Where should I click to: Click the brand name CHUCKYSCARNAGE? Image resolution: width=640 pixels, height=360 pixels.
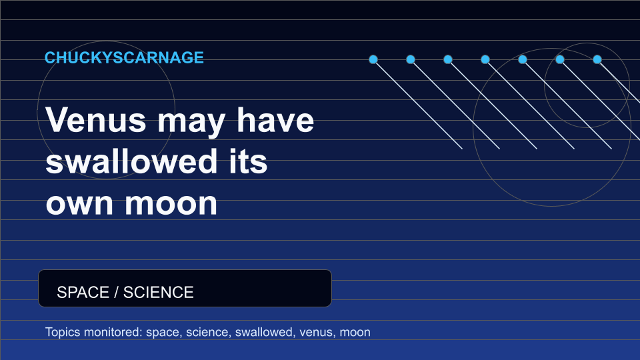coord(124,57)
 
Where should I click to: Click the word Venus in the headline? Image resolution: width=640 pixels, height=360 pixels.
coord(96,120)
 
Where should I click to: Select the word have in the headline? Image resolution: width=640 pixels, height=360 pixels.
coord(275,120)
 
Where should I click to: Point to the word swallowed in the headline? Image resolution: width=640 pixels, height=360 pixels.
coord(131,161)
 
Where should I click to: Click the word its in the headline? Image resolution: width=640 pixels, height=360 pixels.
coord(248,161)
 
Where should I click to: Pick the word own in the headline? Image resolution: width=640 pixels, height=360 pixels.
coord(79,204)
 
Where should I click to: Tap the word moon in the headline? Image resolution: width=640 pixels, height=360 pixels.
coord(171,204)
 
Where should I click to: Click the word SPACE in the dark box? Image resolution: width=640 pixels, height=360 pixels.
coord(83,292)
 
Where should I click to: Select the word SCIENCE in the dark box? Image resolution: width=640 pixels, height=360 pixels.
coord(159,292)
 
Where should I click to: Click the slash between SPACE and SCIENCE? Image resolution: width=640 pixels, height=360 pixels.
coord(116,292)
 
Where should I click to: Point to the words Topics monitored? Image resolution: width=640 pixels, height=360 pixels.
coord(94,332)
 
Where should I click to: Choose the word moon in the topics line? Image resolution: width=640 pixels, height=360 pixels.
coord(355,333)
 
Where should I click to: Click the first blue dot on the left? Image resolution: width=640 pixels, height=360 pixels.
coord(373,59)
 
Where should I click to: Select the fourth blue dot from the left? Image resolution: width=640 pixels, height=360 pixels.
coord(485,59)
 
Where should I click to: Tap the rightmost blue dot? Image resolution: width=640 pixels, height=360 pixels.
coord(597,59)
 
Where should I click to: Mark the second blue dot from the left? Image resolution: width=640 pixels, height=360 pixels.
coord(411,59)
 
